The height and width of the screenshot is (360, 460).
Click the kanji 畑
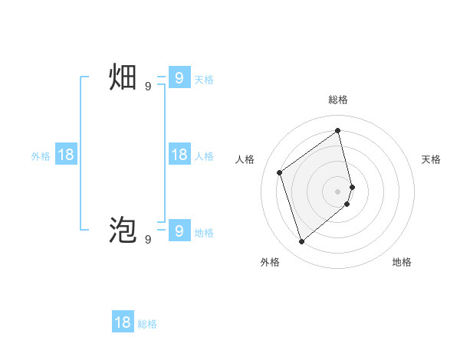coord(123,78)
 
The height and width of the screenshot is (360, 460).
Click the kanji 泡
coord(123,230)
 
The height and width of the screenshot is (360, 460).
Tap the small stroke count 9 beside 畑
coord(148,87)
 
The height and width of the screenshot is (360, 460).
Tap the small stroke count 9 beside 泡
coord(148,239)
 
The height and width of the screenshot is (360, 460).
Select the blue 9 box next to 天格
coord(179,78)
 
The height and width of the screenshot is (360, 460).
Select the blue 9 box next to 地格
coord(179,230)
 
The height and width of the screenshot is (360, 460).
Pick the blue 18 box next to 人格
coord(179,155)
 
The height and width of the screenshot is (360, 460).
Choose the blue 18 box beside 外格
coord(66,155)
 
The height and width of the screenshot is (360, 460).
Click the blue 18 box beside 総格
coord(123,322)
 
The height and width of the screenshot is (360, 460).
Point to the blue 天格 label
coord(204,80)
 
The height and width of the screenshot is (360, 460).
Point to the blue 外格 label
coord(41,156)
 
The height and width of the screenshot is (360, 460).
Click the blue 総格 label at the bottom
coord(147,324)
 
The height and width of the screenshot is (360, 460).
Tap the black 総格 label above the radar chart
coord(338,100)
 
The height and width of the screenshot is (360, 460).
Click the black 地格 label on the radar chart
coord(402,262)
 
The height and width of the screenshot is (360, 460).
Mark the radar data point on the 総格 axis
coord(338,130)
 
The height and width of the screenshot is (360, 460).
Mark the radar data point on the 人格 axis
coord(280,172)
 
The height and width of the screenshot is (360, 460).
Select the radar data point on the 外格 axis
coord(302,242)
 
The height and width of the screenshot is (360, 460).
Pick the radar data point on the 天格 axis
coord(352,186)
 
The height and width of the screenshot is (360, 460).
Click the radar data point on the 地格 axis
coord(347,204)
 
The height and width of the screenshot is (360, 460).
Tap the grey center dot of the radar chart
coord(338,191)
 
